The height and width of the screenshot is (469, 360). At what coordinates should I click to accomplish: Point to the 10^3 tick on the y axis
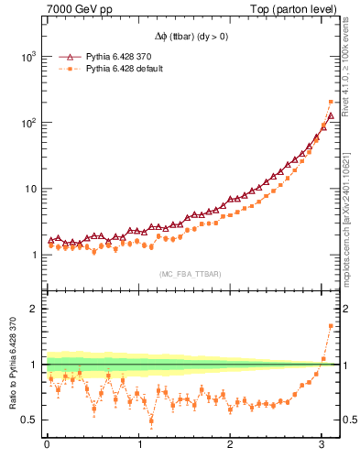tap(27, 57)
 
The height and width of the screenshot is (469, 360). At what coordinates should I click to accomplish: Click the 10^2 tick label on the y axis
tap(27, 123)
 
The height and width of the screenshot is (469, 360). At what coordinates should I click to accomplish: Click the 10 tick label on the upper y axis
tap(29, 189)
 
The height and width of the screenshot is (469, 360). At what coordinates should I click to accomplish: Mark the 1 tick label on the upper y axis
tap(34, 255)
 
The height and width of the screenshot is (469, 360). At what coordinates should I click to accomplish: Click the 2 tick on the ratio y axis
tap(34, 309)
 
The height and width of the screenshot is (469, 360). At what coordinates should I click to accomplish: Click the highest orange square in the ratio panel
tap(331, 326)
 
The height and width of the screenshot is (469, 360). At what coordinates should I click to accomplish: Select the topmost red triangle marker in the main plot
tap(331, 117)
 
